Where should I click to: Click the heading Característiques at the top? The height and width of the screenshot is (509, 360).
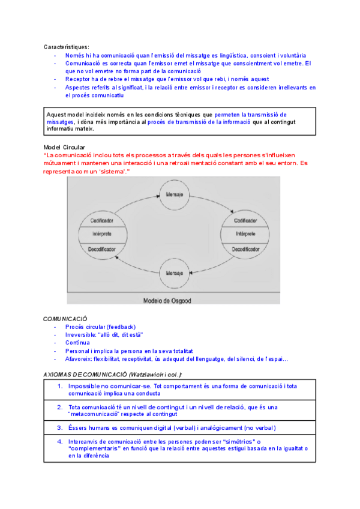click(66, 47)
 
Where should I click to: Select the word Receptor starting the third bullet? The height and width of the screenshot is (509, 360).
click(77, 79)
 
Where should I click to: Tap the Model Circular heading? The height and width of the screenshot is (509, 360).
click(64, 148)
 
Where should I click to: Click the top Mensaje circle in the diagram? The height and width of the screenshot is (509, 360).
click(174, 196)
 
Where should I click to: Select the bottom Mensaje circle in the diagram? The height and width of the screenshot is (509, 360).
click(174, 273)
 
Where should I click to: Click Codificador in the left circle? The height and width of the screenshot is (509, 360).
click(103, 221)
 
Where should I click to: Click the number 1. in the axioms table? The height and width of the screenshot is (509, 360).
click(61, 386)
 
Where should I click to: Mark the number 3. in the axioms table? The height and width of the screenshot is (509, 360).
click(61, 428)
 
